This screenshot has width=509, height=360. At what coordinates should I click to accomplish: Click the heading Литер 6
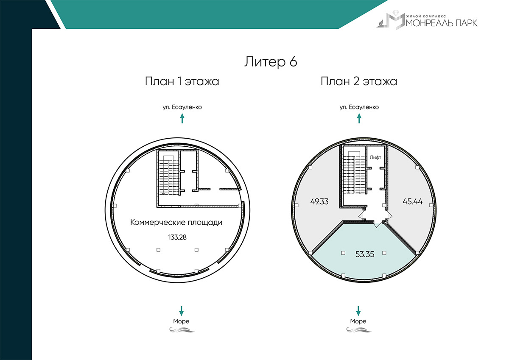click(x=271, y=61)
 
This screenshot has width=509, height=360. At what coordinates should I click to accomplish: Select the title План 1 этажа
click(x=182, y=81)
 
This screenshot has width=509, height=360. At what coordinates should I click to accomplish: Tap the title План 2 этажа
click(x=359, y=81)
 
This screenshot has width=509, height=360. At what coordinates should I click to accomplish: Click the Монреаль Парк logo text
click(x=442, y=23)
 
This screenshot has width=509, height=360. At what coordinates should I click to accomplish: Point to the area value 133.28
click(x=177, y=237)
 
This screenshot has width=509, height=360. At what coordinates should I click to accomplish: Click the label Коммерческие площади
click(x=176, y=222)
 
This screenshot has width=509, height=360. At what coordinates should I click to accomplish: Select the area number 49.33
click(x=319, y=201)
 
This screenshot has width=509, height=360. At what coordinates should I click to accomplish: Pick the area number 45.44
click(x=412, y=201)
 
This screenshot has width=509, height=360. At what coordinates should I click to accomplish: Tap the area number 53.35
click(x=365, y=254)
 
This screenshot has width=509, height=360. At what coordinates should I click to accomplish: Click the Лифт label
click(x=375, y=157)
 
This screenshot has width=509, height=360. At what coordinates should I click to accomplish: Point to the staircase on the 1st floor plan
click(x=168, y=175)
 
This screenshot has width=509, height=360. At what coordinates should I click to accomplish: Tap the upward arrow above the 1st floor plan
click(x=182, y=119)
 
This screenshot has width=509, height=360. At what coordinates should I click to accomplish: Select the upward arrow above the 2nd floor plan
click(x=359, y=119)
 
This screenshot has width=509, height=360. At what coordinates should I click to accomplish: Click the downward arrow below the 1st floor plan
click(x=181, y=311)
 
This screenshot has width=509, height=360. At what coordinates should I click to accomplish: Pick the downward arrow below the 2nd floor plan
click(x=358, y=311)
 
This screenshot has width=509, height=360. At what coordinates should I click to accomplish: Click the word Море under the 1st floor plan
click(x=181, y=321)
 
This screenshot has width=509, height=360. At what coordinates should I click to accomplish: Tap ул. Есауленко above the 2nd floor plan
click(x=359, y=107)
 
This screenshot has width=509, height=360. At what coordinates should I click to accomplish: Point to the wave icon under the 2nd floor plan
click(x=358, y=330)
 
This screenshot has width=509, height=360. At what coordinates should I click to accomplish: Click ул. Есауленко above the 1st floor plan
click(x=182, y=107)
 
